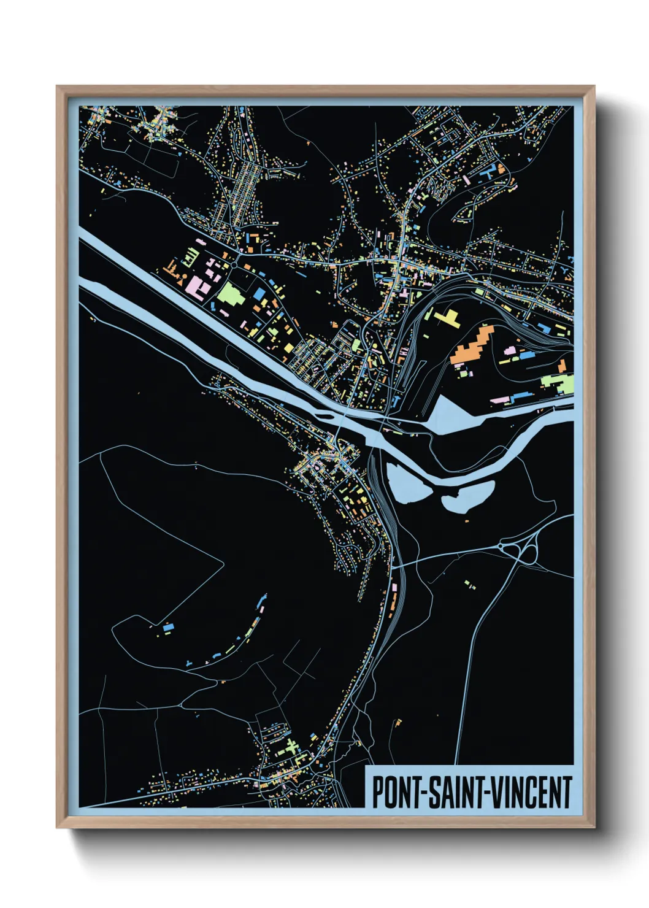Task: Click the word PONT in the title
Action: coord(393,792)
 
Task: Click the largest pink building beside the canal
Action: coord(197,285)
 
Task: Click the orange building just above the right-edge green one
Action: coord(562,366)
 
